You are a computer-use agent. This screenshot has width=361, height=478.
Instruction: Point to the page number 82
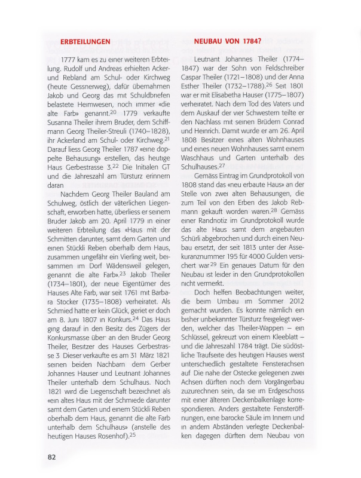pos(52,456)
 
